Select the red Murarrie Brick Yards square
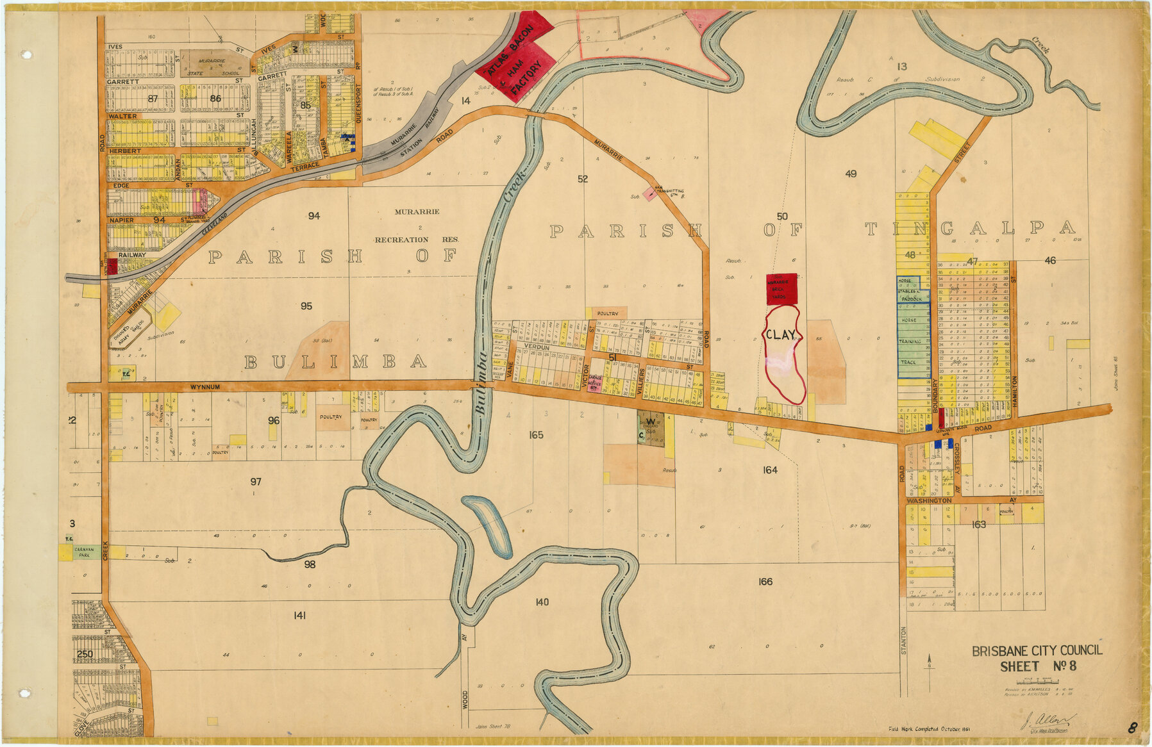tap(781, 289)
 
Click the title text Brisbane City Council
tap(1037, 651)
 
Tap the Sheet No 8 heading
tap(1038, 666)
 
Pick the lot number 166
tap(765, 582)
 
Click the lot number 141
tap(299, 616)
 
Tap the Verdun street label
tap(537, 347)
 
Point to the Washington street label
tap(929, 500)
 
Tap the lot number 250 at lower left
tap(85, 654)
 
